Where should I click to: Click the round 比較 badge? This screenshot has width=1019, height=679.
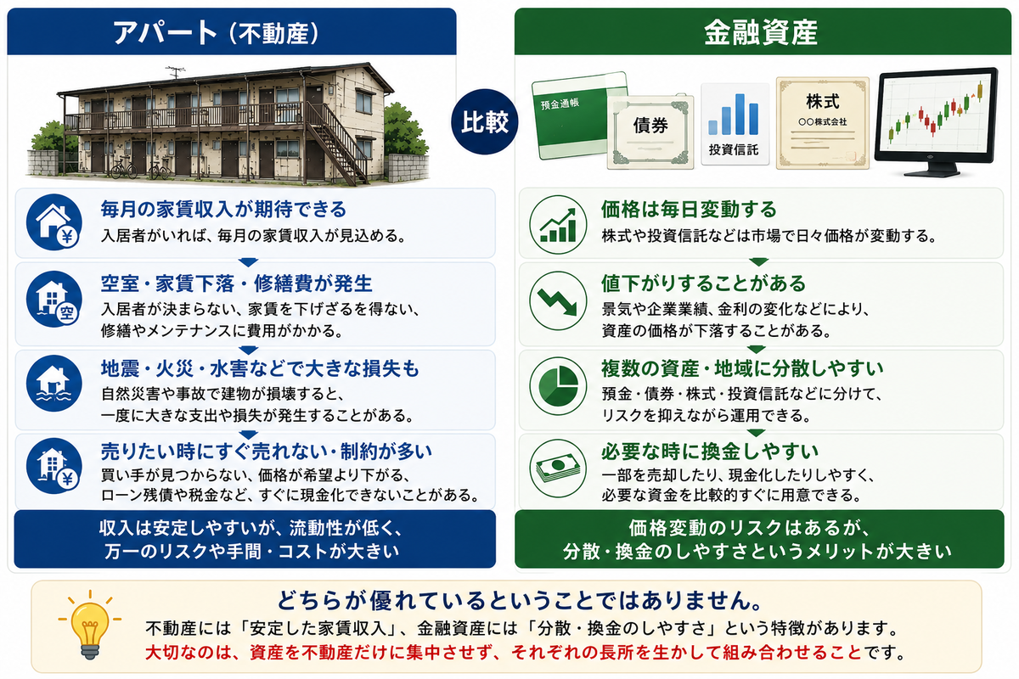coord(485,122)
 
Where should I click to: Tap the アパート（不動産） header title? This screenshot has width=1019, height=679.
coord(217,33)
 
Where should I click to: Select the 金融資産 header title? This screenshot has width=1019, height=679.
coord(761,33)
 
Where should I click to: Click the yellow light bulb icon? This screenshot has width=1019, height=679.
coord(90,624)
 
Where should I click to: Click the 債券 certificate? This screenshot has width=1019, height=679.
coord(650,132)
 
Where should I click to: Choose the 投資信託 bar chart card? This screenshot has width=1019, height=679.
coord(735,124)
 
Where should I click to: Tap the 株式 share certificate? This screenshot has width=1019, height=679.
coord(823,123)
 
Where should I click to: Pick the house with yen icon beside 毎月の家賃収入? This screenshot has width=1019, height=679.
coord(54,222)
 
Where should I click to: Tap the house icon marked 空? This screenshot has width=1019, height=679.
coord(54,299)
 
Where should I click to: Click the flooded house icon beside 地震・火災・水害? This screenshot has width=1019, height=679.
coord(54,383)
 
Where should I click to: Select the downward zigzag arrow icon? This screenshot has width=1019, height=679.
coord(557,300)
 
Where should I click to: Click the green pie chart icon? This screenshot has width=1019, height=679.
coord(558,385)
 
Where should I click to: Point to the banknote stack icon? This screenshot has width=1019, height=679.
coord(558,469)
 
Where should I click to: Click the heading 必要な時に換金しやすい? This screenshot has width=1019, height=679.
coord(710,452)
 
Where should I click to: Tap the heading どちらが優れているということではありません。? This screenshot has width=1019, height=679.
coord(519,600)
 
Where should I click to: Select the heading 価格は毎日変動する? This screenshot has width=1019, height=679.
coord(689,209)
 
